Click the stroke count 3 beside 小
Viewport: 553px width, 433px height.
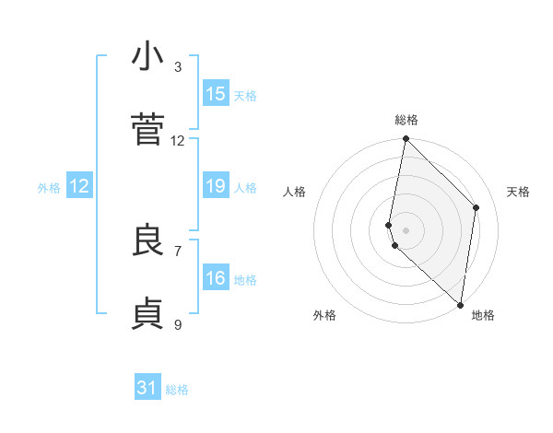point(178,66)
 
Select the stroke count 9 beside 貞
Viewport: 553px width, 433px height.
point(178,324)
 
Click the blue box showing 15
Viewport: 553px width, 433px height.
point(216,94)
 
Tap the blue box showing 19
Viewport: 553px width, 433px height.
point(216,187)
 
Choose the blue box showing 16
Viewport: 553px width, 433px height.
point(216,278)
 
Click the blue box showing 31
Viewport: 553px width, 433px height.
point(147,388)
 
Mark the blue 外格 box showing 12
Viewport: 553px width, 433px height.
point(79,187)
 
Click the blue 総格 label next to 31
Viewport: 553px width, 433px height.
point(177,390)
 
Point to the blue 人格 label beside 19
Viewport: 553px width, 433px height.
point(245,188)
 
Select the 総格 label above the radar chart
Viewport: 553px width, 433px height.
point(406,120)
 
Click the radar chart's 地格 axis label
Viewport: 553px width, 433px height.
point(483,315)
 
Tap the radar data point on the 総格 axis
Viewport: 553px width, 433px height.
point(406,139)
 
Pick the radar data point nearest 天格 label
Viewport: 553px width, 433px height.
point(477,207)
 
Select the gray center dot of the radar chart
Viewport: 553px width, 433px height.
point(406,229)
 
